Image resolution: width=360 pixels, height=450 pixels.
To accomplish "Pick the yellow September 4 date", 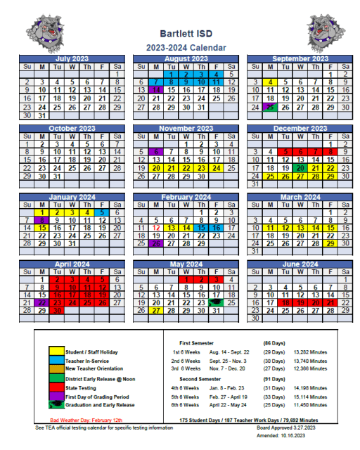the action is (270, 82).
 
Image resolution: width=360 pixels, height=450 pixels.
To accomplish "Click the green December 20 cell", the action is (300, 169).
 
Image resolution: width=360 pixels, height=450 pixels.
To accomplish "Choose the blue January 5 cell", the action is (102, 212).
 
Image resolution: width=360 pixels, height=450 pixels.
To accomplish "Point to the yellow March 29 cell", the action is (330, 243).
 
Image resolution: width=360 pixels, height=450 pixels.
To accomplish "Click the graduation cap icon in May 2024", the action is (217, 302).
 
